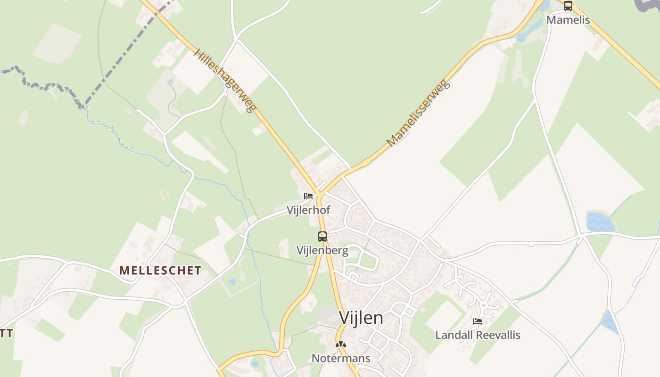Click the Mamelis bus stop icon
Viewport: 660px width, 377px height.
568,6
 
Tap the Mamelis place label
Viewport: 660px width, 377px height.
568,20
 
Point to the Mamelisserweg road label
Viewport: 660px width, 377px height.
419,114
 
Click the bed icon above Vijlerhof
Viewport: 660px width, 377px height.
308,196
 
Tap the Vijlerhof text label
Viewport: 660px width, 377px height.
308,210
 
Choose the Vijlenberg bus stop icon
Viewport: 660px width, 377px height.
322,237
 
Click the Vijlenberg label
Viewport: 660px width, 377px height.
322,250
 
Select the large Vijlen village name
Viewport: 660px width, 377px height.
361,318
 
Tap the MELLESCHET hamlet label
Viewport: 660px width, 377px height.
160,270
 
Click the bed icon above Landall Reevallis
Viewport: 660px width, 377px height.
478,322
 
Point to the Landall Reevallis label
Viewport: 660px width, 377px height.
478,335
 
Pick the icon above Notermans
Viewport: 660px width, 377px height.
340,345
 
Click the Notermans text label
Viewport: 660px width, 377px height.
341,359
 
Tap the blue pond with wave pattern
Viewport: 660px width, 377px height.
600,222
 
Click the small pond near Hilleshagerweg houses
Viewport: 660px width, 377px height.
170,81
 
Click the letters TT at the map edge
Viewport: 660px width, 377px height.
6,334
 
